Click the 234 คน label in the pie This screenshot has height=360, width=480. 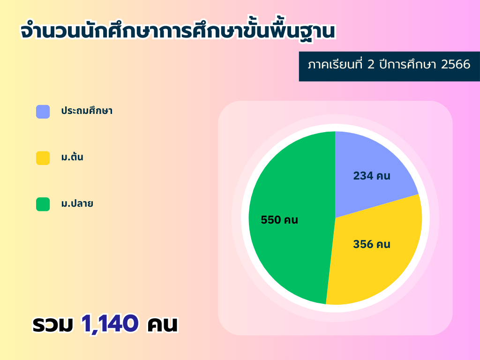[372, 176]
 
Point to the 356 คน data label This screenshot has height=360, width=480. [372, 244]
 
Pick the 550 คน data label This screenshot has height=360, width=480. [279, 220]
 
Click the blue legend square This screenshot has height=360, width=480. [43, 112]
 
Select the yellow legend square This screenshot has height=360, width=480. [43, 158]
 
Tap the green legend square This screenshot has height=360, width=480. [43, 204]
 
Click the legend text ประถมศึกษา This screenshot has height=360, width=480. [87, 110]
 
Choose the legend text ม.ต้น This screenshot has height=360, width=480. [72, 157]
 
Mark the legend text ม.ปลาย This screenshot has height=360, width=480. [77, 203]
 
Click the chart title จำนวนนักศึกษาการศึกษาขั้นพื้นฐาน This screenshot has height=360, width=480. [178, 30]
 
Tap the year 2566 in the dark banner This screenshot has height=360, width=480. [456, 64]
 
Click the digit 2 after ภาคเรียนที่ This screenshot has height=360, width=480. [371, 64]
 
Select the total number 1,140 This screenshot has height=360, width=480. [110, 323]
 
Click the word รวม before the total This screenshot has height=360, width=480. [52, 324]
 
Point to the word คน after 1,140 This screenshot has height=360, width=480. [162, 324]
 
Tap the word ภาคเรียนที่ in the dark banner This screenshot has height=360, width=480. [335, 64]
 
